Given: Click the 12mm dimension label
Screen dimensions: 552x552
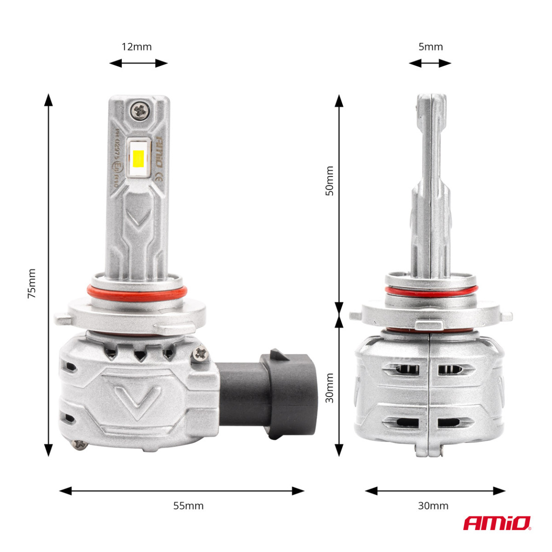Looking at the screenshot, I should (x=137, y=47).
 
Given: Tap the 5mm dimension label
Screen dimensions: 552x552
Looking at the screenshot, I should (x=431, y=47).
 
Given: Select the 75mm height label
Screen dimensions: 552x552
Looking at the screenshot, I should (x=32, y=283).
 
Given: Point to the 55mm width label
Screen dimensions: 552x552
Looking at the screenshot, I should (x=188, y=506).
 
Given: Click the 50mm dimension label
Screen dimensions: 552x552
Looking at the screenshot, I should (x=330, y=181).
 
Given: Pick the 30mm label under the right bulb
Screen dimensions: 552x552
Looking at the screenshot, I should (x=433, y=506).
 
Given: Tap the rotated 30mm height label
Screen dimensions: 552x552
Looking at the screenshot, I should (x=330, y=388).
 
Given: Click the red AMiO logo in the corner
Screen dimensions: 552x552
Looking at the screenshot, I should (x=497, y=523).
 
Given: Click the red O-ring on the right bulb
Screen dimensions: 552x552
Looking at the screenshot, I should (x=431, y=291).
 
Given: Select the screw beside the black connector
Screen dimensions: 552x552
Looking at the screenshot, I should (x=201, y=353).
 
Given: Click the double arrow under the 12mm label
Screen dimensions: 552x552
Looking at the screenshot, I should (x=138, y=63).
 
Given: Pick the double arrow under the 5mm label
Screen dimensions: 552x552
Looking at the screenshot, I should (x=430, y=63).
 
